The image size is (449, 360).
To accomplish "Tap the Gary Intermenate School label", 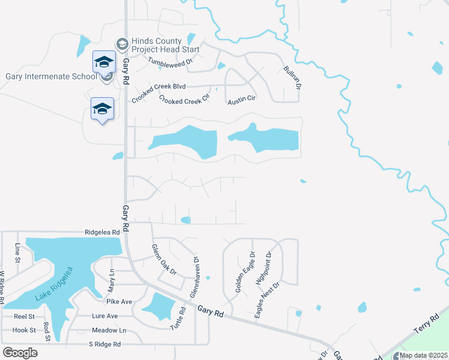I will click(51, 77).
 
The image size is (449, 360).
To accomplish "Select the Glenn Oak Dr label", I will click(164, 259).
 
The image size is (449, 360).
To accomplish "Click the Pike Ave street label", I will click(118, 302).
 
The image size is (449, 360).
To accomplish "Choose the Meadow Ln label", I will click(109, 331).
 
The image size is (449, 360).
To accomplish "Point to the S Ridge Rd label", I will click(104, 344).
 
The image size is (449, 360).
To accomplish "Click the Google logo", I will click(20, 353).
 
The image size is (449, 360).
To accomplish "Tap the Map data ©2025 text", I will click(423, 355).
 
